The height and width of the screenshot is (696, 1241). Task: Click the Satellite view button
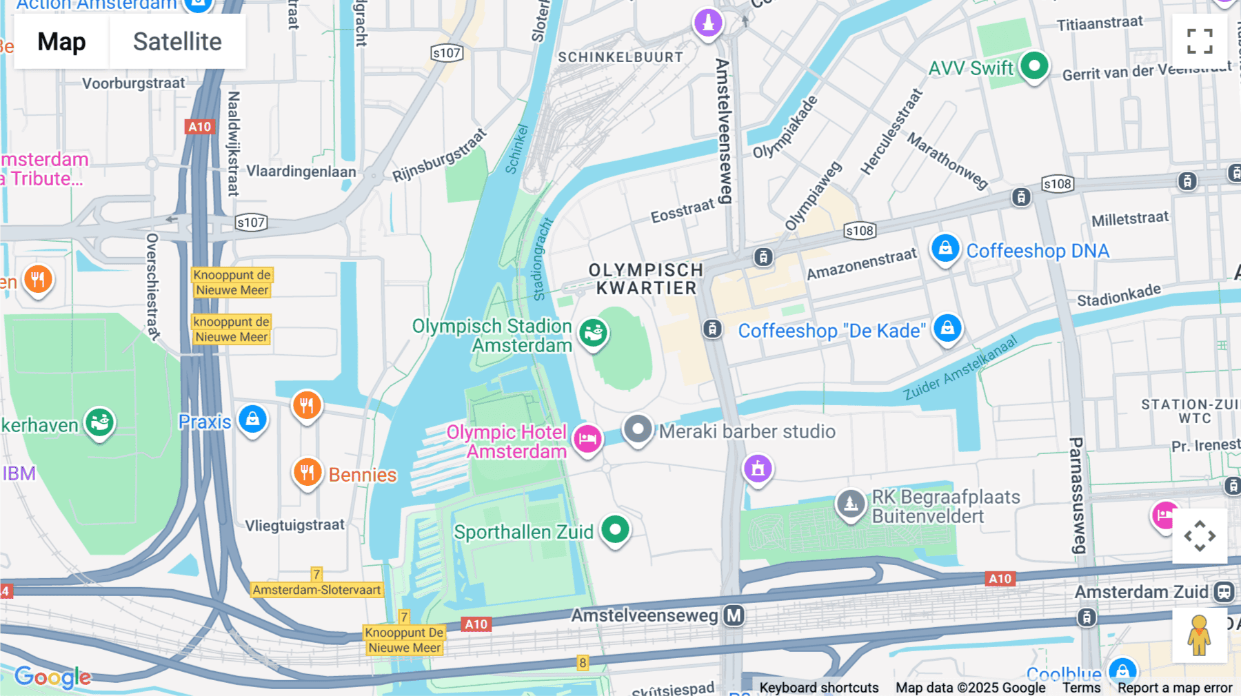click(x=177, y=42)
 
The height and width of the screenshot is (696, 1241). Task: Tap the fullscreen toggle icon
click(x=1200, y=41)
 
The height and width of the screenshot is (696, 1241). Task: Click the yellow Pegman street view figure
click(x=1199, y=635)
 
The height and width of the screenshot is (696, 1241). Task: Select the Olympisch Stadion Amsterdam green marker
click(x=593, y=334)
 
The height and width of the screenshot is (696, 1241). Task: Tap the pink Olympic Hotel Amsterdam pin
click(x=587, y=438)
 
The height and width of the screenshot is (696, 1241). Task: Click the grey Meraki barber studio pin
click(x=638, y=429)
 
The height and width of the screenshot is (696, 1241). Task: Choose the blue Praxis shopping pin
click(x=252, y=419)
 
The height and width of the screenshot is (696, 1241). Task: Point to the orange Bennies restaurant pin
click(x=307, y=473)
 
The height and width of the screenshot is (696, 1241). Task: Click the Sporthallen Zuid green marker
click(x=615, y=530)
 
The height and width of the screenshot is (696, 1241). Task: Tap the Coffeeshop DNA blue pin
click(x=945, y=248)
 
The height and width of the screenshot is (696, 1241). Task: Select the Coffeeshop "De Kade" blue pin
click(x=947, y=328)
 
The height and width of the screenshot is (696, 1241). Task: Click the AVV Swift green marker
click(x=1034, y=66)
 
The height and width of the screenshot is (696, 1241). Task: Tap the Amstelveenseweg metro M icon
click(x=734, y=615)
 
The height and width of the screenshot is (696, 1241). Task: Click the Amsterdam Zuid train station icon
click(x=1224, y=591)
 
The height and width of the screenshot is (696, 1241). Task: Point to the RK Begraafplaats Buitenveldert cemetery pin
click(x=851, y=504)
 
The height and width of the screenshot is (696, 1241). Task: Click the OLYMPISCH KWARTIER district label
click(x=646, y=279)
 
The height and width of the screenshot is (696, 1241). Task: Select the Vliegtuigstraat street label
click(x=294, y=525)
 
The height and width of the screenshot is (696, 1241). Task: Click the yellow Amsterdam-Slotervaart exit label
click(x=316, y=590)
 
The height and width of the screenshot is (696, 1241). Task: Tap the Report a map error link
click(x=1174, y=688)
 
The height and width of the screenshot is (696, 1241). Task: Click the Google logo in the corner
click(x=52, y=677)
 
